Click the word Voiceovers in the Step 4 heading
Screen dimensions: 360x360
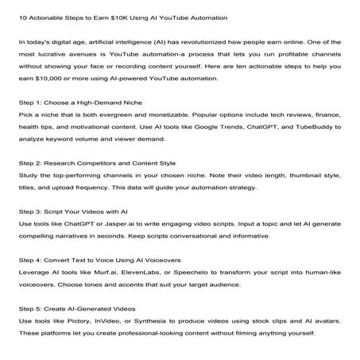[x=158, y=259]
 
